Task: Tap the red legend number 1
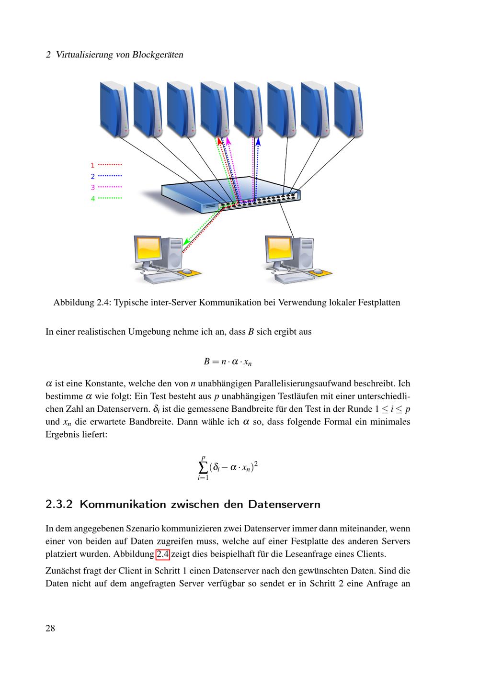93,165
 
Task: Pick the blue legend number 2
93,176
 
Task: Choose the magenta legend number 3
93,187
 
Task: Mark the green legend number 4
93,198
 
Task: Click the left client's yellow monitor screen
148,248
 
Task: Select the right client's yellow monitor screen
280,248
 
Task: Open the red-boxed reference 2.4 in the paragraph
163,555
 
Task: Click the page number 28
50,628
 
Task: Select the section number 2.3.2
59,504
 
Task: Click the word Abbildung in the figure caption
74,303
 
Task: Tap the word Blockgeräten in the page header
158,55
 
